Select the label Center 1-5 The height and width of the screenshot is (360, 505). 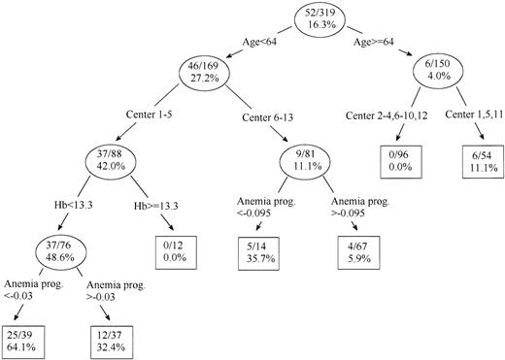pos(151,118)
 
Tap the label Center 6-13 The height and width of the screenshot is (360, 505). pos(264,118)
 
